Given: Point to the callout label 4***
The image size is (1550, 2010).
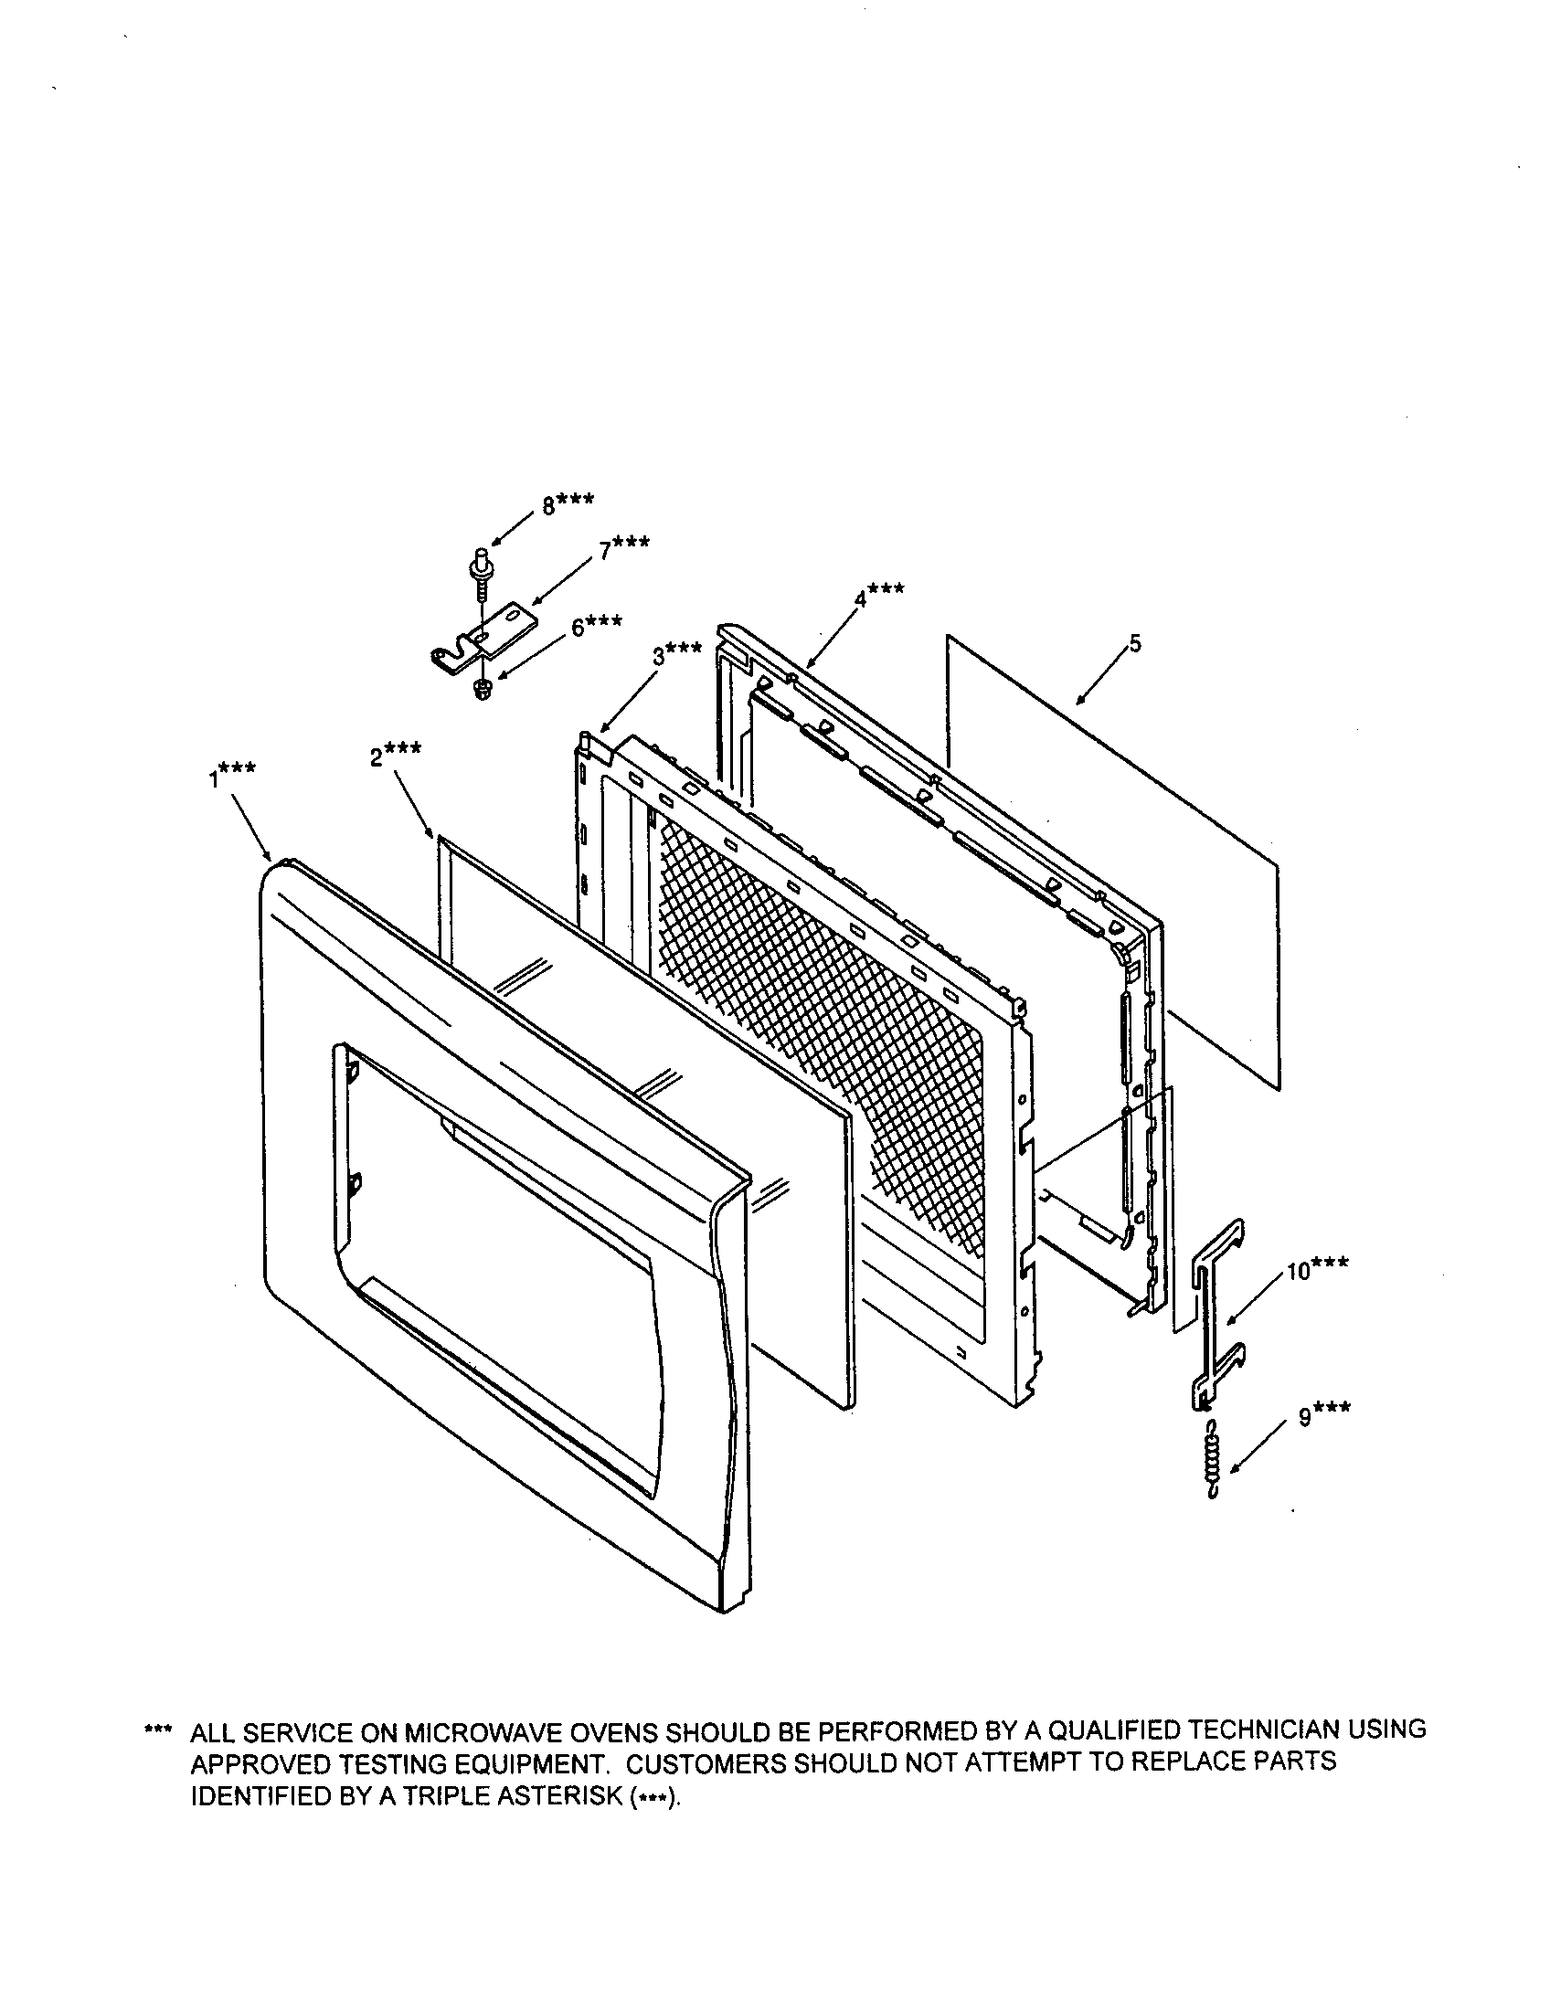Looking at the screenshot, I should [x=878, y=595].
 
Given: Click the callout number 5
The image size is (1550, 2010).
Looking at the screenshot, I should [x=1134, y=643].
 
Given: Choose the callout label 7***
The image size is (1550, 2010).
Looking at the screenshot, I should [x=624, y=548].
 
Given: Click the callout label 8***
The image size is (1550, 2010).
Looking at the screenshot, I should [x=567, y=503].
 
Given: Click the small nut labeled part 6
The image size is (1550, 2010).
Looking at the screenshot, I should [x=480, y=689].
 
